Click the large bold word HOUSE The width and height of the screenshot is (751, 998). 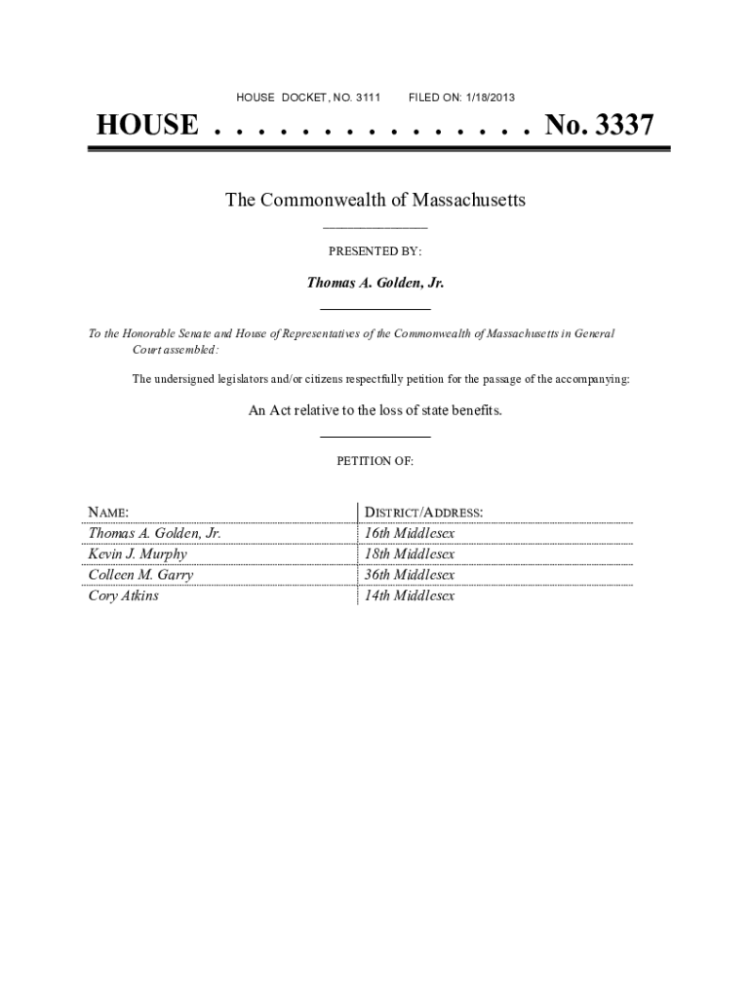point(146,126)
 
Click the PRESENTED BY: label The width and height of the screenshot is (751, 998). point(375,251)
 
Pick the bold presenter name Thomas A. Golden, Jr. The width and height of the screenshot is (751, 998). point(375,283)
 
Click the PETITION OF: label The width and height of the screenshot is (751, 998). point(375,462)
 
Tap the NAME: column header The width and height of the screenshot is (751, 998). point(109,513)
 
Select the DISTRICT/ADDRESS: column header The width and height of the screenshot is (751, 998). point(423,513)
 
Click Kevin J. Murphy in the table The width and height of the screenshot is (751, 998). point(138,555)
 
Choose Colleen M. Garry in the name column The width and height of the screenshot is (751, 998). point(140,575)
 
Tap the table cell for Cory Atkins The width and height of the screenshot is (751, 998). point(124,595)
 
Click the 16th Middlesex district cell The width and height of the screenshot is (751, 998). point(410,534)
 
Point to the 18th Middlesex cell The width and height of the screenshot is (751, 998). point(410,555)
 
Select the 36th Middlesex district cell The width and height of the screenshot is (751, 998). point(410,575)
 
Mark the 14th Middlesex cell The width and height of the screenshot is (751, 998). point(410,595)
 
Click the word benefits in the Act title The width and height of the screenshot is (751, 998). point(475,410)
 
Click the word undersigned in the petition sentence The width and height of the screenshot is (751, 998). point(188,379)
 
